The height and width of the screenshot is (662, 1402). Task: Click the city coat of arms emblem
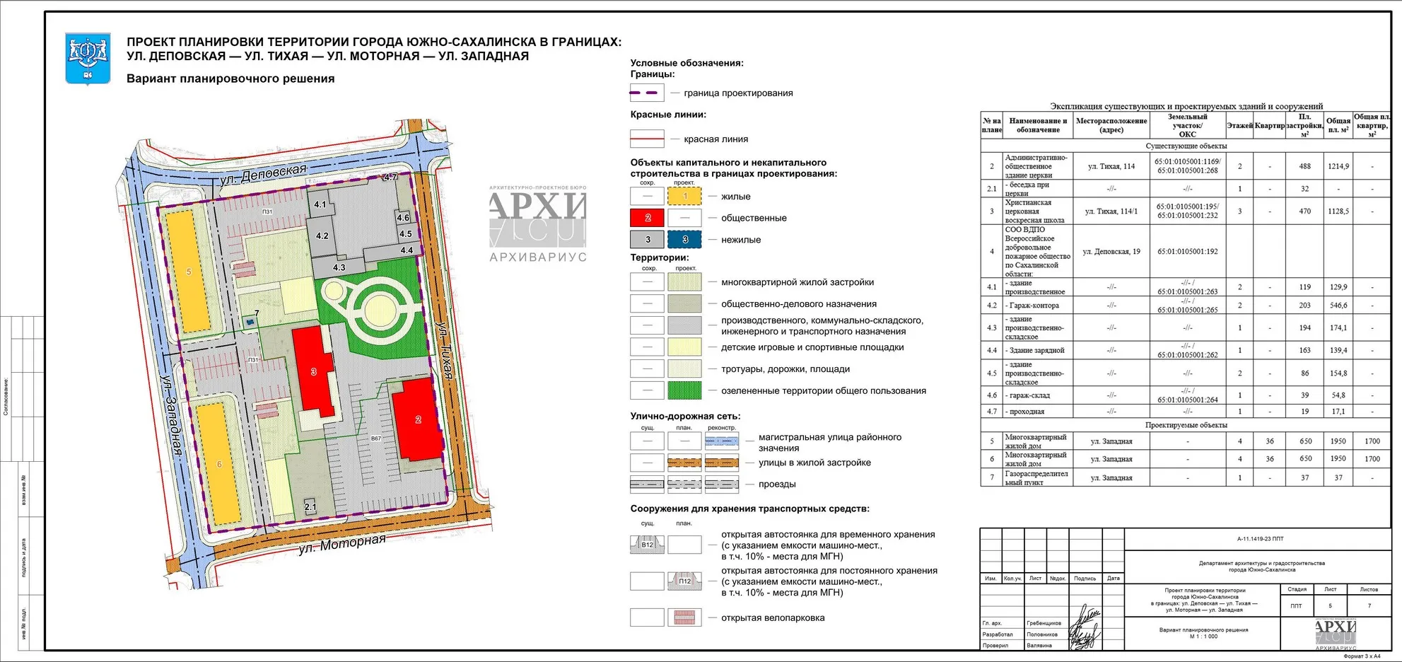coord(88,58)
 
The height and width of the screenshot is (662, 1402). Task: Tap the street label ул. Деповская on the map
coord(263,174)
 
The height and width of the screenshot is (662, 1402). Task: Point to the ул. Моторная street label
coord(342,544)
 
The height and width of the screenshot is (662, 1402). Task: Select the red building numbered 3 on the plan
coord(313,371)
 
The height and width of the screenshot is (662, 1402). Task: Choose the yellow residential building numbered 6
coord(219,464)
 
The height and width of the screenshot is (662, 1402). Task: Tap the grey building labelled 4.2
coord(322,236)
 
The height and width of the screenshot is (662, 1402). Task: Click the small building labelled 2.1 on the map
coord(310,506)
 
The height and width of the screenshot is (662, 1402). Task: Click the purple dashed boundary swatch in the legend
coord(647,93)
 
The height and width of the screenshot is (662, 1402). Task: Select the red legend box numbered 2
coord(647,218)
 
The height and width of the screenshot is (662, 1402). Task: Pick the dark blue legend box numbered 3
coord(684,240)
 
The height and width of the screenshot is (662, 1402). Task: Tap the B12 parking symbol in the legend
coord(647,545)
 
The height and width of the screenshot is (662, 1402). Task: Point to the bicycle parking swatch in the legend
coord(684,617)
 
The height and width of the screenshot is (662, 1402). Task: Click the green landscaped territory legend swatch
coord(684,390)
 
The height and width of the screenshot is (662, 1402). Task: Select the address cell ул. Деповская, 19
coord(1111,252)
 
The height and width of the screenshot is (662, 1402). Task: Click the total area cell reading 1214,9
coord(1338,166)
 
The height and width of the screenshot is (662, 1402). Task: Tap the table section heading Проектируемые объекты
coord(1186,425)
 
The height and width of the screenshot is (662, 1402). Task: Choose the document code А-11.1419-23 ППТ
coord(1260,539)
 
